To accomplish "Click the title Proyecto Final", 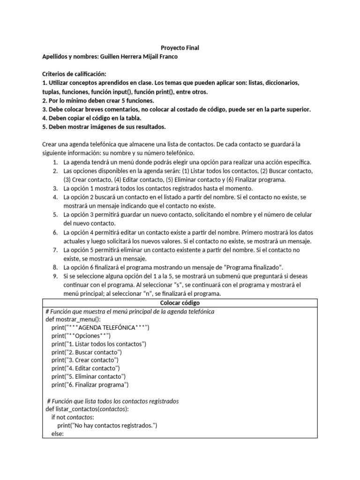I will pyautogui.click(x=180, y=48).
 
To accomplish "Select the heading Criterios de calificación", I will pyautogui.click(x=75, y=74).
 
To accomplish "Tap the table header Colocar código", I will pyautogui.click(x=180, y=303).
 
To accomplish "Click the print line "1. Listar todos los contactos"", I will pyautogui.click(x=99, y=344).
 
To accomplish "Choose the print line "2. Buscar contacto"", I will pyautogui.click(x=87, y=352).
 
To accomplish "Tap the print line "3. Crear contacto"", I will pyautogui.click(x=85, y=360).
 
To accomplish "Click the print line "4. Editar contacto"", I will pyautogui.click(x=86, y=368).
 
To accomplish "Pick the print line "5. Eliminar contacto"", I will pyautogui.click(x=89, y=376).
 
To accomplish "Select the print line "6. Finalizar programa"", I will pyautogui.click(x=90, y=385).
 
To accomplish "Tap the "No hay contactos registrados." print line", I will pyautogui.click(x=107, y=426).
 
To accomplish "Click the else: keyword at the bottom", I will pyautogui.click(x=57, y=434).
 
